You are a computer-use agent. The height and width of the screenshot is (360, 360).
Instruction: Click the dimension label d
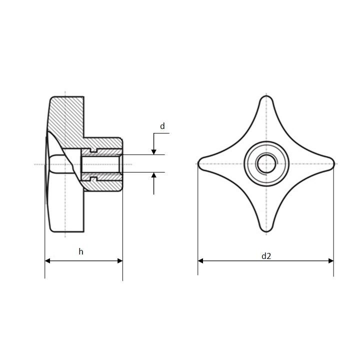162,126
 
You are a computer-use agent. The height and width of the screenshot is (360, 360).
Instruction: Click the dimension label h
81,251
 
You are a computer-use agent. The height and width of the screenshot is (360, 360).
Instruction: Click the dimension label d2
266,256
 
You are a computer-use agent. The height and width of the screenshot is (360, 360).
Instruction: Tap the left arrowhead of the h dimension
47,261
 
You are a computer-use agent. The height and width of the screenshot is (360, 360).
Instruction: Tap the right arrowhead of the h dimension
120,261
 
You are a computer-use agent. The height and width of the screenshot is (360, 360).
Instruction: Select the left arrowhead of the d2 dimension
200,261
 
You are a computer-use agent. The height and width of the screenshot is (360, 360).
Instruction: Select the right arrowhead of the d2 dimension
331,261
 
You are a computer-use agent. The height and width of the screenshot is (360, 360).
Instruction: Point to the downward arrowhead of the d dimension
154,152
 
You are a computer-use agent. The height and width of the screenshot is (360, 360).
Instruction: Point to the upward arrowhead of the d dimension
154,175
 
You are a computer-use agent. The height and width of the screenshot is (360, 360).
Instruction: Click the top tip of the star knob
266,96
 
